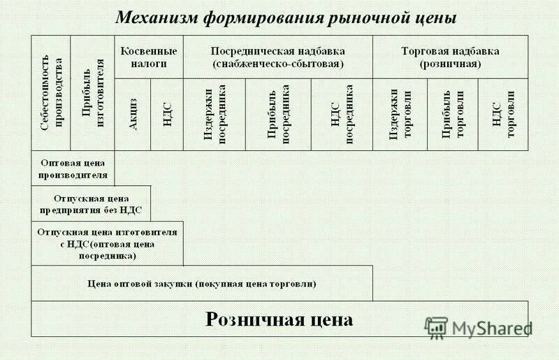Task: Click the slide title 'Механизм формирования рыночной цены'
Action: point(285,17)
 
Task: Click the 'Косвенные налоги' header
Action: point(149,57)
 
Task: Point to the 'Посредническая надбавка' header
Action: point(278,57)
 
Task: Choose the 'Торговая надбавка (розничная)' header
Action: point(450,57)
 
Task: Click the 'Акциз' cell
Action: point(132,114)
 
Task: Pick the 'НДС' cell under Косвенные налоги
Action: point(167,114)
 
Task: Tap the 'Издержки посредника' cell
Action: point(215,114)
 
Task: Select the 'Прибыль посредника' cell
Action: point(278,114)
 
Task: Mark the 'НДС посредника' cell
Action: point(342,114)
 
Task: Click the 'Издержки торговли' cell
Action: point(400,114)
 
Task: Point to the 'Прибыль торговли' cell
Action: point(453,114)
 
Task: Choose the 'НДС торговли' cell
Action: point(503,114)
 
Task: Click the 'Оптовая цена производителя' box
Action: point(73,168)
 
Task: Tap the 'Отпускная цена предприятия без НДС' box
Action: point(91,203)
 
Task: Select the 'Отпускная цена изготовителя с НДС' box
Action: point(107,243)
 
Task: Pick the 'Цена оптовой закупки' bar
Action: point(202,284)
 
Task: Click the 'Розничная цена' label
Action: point(279,319)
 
